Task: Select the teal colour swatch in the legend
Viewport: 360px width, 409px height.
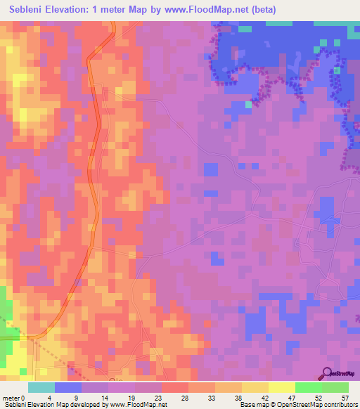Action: click(41, 387)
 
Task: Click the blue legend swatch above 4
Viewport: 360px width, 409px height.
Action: click(68, 387)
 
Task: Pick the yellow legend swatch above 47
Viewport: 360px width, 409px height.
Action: click(281, 387)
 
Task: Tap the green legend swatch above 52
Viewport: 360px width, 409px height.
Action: click(308, 387)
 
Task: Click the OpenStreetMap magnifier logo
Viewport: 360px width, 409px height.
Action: click(328, 374)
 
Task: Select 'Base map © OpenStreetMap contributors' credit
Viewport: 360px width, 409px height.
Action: click(297, 405)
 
